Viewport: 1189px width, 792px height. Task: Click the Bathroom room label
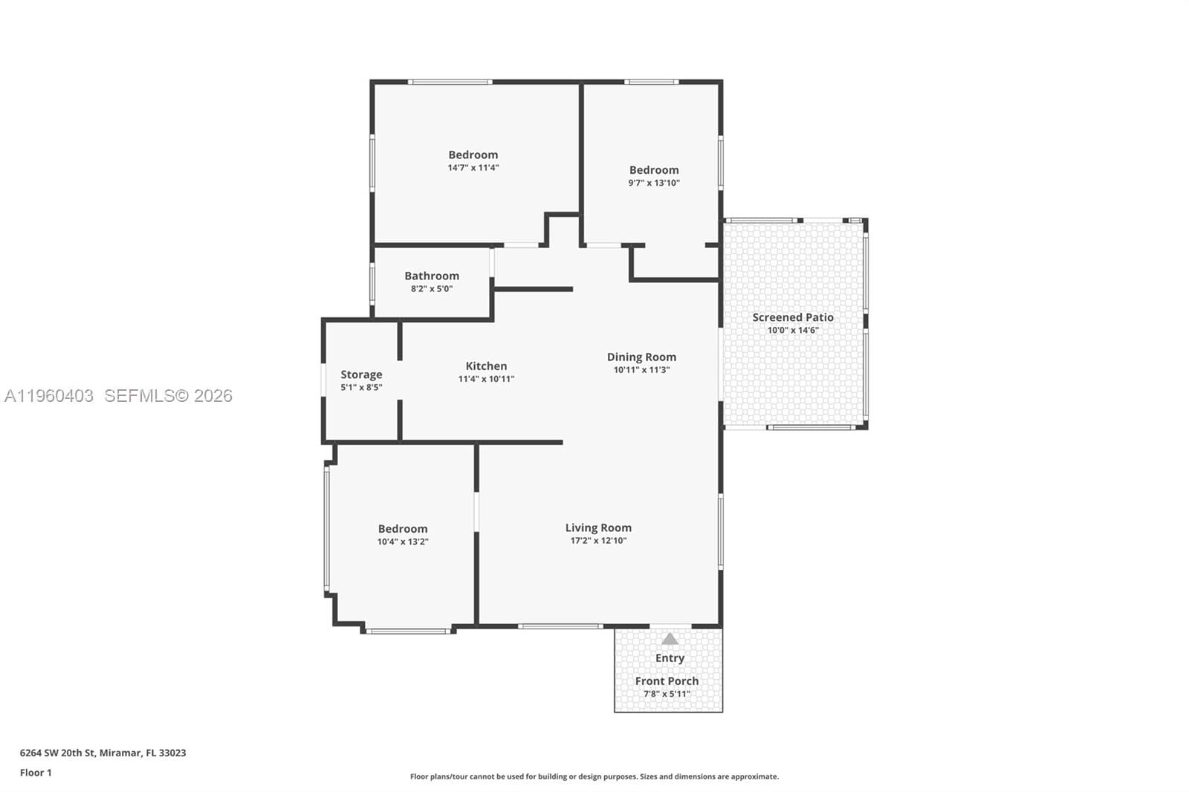coord(432,276)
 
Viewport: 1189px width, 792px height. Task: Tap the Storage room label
coord(361,374)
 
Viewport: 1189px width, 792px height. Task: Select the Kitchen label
coord(486,366)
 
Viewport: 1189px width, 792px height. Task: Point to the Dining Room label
coord(641,357)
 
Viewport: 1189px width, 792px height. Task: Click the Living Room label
coord(598,528)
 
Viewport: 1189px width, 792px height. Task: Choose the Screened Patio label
coord(792,317)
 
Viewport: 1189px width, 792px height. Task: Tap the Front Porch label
coord(667,681)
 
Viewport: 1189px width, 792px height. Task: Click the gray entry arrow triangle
coord(670,639)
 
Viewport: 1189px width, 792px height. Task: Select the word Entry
coord(670,658)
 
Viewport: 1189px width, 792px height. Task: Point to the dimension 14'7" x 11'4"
coord(473,168)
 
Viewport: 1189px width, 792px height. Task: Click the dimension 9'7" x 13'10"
coord(654,183)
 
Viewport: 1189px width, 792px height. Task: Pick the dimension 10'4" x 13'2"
coord(403,542)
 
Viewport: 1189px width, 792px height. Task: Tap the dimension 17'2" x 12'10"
coord(598,540)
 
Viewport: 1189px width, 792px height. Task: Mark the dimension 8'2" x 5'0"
coord(432,289)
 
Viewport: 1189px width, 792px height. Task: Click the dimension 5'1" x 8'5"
coord(361,388)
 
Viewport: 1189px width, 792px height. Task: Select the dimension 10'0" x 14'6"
coord(792,330)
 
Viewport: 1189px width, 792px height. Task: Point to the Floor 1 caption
coord(36,773)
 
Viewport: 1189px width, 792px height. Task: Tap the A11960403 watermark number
coord(48,395)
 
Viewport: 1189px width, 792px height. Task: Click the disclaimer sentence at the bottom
coord(594,776)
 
